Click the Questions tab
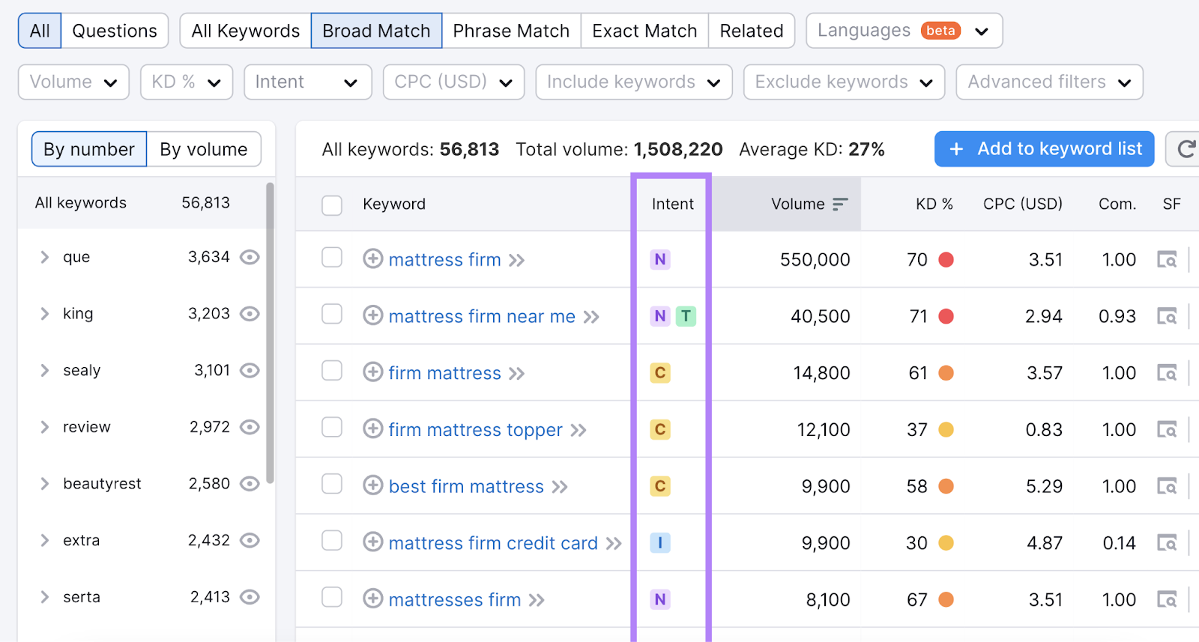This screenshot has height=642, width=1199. tap(115, 31)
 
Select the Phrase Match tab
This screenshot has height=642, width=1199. tap(511, 31)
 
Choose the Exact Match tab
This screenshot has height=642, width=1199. tap(644, 31)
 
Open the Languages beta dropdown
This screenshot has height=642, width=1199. tap(904, 31)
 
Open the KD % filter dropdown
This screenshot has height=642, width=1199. tap(186, 82)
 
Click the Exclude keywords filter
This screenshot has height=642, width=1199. tap(844, 82)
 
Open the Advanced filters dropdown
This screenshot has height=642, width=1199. tap(1049, 82)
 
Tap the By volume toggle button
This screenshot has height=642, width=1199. tap(204, 149)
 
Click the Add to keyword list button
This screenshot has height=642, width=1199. tap(1044, 149)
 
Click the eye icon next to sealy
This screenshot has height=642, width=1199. tap(250, 370)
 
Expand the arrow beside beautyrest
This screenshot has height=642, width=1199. tap(45, 484)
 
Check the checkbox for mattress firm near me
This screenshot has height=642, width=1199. tap(332, 315)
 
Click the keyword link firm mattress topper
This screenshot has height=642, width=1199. tap(475, 430)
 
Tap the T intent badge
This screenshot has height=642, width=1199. tap(686, 316)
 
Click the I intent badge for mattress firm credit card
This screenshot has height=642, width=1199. tap(660, 543)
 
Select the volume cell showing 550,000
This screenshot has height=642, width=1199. tap(815, 260)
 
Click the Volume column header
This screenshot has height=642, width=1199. tap(798, 204)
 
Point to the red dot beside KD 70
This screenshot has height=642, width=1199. tap(946, 260)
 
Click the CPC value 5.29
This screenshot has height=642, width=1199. tap(1044, 486)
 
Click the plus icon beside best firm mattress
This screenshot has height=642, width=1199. tap(373, 485)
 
